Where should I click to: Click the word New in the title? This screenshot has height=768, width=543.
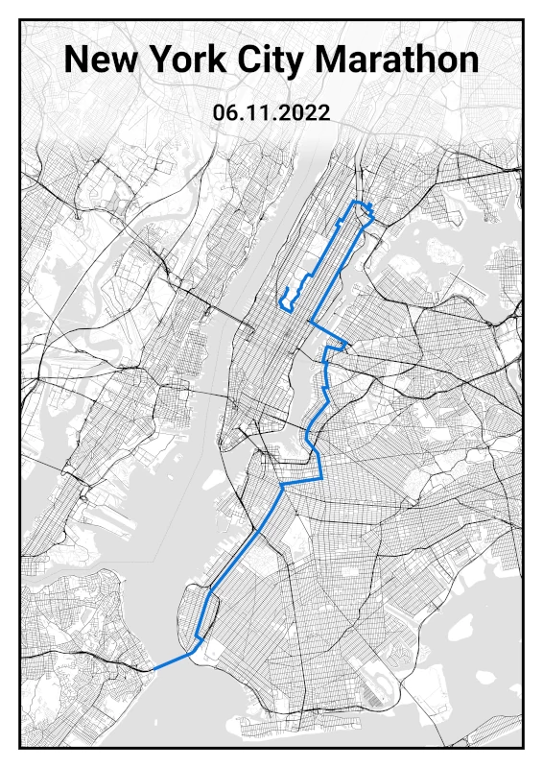click(105, 60)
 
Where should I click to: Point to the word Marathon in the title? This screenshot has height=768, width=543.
click(397, 60)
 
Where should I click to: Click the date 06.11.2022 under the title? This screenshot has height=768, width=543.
click(271, 112)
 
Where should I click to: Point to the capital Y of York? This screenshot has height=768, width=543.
click(161, 60)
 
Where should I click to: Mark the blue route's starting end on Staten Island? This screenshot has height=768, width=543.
click(153, 669)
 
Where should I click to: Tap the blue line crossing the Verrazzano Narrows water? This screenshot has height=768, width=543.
click(174, 660)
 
